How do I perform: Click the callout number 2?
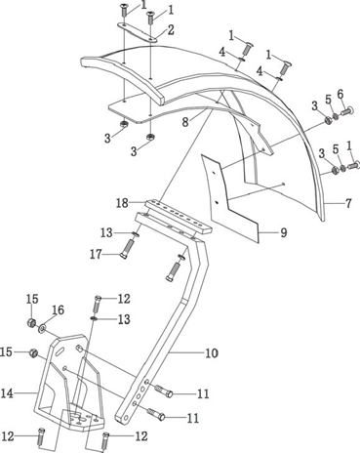tap(171, 29)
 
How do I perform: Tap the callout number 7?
tap(348, 204)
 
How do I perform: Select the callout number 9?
tap(284, 232)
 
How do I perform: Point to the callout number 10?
tap(212, 352)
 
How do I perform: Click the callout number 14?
tap(7, 393)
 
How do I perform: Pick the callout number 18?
tap(122, 203)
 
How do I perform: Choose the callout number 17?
tap(96, 255)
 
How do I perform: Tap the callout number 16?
tap(58, 310)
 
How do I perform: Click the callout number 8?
tap(185, 122)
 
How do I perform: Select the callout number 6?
tap(340, 95)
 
